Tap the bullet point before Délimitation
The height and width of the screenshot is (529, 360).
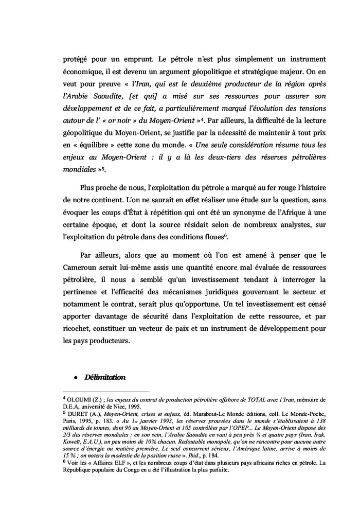(x=75, y=378)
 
